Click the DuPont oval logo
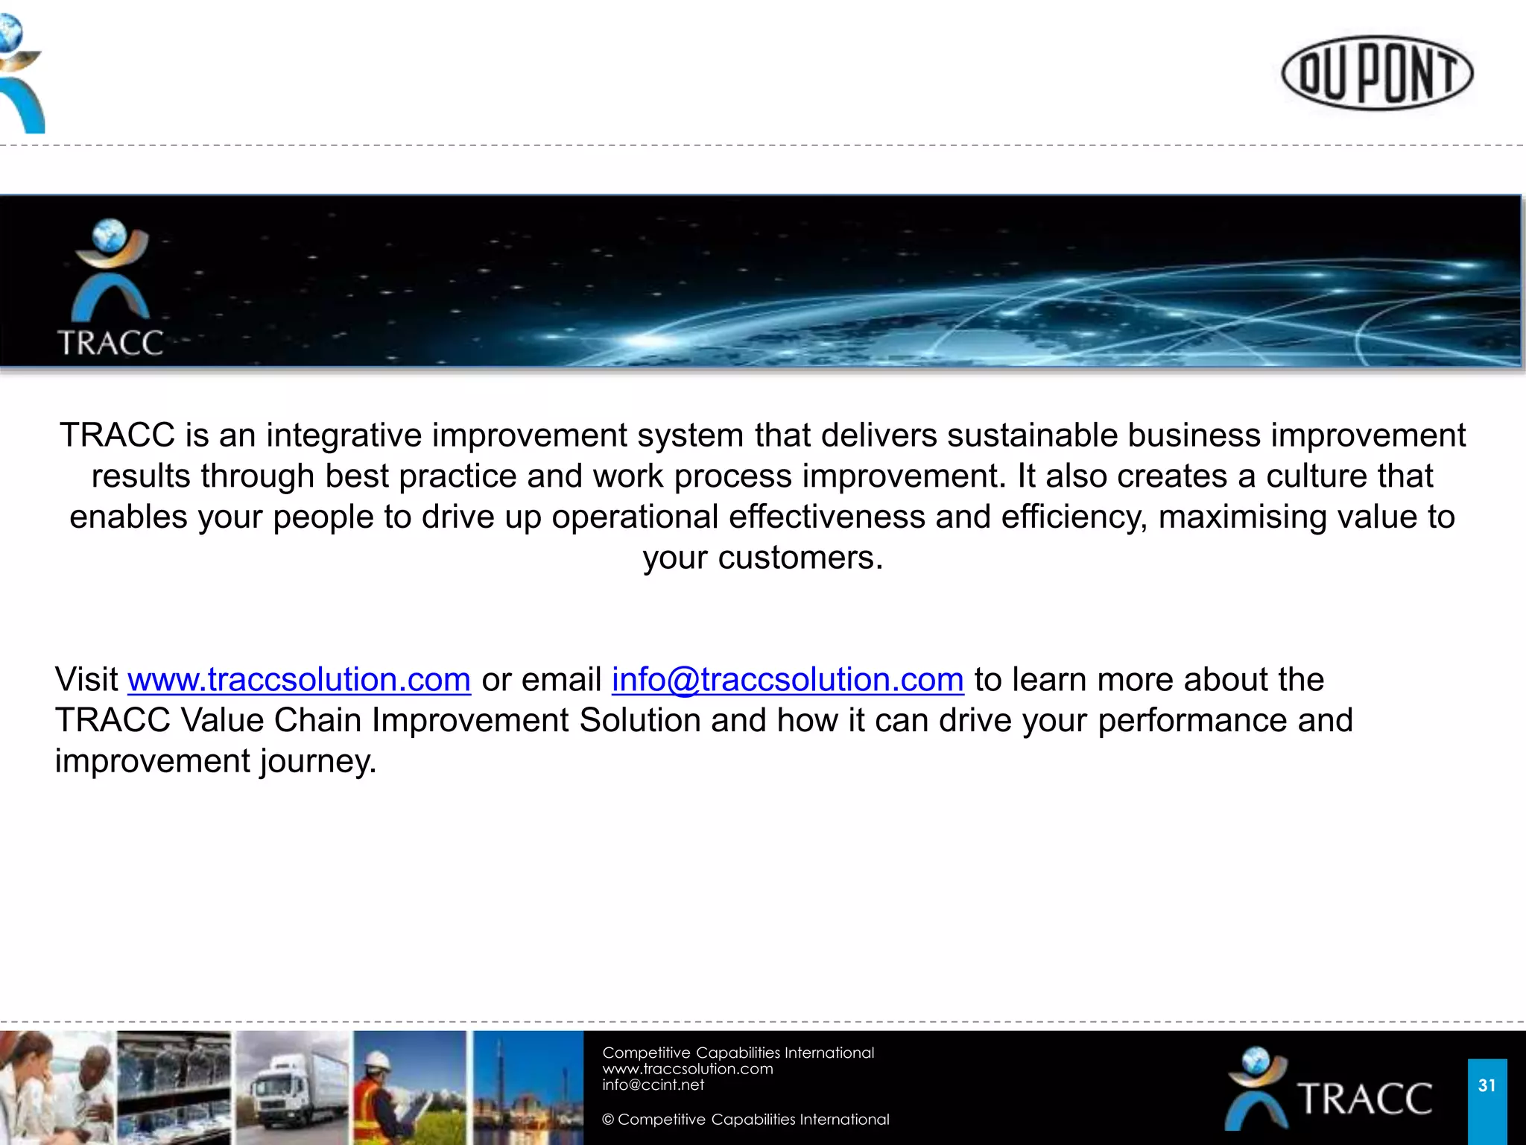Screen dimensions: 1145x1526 coord(1377,73)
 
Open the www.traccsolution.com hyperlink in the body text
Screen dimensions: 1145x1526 coord(299,680)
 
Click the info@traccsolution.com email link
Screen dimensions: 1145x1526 coord(788,680)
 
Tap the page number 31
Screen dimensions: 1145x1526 coord(1487,1085)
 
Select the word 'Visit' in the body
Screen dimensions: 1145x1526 coord(86,680)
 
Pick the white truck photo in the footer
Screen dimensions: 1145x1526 coord(292,1088)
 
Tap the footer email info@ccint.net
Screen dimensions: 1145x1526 coord(653,1085)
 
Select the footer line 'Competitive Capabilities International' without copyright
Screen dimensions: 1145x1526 coord(738,1053)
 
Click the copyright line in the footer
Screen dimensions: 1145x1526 coord(745,1120)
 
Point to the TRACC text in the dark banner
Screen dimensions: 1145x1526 coord(110,343)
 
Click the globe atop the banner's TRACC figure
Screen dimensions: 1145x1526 coord(110,236)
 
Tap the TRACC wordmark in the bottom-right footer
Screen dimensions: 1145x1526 coord(1364,1099)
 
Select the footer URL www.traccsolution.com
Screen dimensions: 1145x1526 coord(687,1069)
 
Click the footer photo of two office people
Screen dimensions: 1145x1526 coord(57,1088)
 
